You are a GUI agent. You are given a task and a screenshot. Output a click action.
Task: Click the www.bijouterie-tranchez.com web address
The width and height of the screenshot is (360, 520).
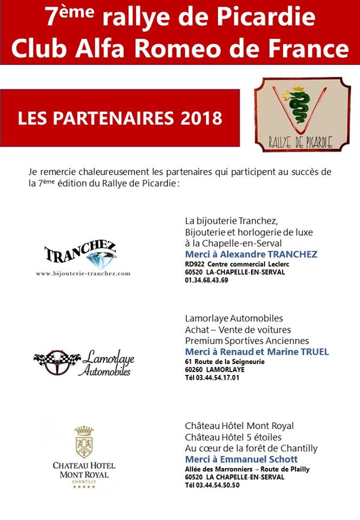(83, 274)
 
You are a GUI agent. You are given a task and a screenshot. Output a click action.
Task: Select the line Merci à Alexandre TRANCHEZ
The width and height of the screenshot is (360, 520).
(251, 254)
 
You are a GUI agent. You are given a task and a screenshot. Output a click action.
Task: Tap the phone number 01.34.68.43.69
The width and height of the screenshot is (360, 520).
(207, 280)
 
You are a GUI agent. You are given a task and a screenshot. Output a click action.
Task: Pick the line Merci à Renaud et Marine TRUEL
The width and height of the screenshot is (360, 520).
(257, 352)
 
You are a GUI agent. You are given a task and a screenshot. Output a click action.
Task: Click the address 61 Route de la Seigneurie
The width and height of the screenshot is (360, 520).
(224, 361)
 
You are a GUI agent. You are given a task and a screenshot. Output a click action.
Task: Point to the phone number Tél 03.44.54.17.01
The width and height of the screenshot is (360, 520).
(212, 378)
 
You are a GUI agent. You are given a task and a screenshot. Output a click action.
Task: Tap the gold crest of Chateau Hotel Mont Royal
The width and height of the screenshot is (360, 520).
(83, 442)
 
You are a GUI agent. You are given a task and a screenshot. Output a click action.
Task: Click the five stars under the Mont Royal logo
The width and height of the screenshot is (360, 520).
(83, 486)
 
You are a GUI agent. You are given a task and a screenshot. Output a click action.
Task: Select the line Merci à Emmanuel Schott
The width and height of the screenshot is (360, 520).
(241, 459)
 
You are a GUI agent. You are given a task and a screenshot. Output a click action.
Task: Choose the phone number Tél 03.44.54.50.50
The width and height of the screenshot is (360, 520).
(212, 485)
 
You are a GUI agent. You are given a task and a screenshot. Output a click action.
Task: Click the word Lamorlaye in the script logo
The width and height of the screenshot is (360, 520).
(108, 357)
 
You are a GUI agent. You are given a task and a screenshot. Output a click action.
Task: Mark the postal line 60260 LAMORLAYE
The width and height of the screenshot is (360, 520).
(215, 369)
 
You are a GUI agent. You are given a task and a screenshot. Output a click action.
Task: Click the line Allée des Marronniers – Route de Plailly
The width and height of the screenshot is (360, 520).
(247, 469)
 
